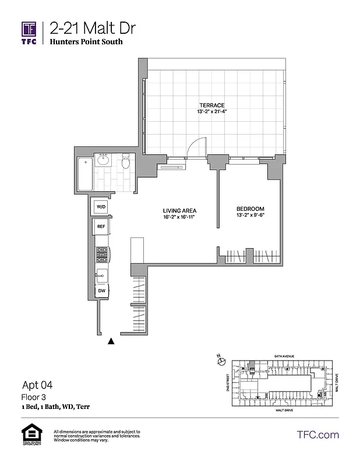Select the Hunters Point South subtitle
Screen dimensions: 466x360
(86, 43)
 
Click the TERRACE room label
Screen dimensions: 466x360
(211, 105)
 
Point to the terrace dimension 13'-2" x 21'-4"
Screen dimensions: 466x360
(211, 112)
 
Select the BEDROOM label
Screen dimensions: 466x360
(250, 209)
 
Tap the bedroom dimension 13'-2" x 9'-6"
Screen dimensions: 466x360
(250, 216)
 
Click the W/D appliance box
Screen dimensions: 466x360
(101, 207)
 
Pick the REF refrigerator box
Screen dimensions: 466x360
(101, 227)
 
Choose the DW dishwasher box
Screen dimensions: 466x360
(101, 290)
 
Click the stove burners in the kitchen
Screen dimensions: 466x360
(102, 254)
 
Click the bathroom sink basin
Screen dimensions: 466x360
(105, 161)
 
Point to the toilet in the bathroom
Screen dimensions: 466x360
(125, 163)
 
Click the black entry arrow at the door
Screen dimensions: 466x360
(111, 342)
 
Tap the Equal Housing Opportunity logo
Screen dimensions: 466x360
(29, 436)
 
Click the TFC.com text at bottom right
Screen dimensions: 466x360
(317, 435)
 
